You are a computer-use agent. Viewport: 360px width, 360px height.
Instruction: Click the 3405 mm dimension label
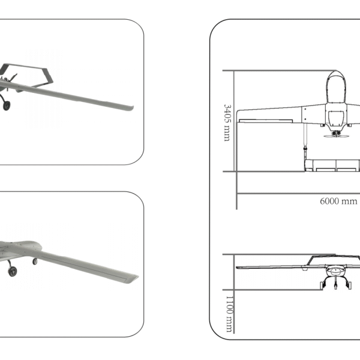point(227,122)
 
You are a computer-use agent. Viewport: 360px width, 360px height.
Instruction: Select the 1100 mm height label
point(229,313)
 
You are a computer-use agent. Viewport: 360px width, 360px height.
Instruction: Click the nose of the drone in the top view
point(335,74)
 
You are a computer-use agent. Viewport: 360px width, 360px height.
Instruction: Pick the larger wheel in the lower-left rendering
point(13,272)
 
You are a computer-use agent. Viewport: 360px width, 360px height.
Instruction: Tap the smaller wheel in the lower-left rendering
point(35,261)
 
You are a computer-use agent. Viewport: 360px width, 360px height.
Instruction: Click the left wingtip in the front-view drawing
point(239,266)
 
